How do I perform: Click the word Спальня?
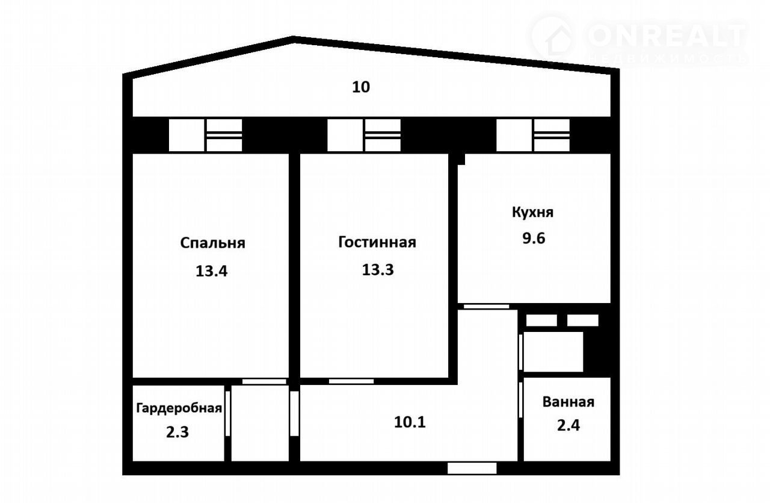213,243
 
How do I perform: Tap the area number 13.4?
211,271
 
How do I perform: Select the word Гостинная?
377,242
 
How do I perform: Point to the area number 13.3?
378,270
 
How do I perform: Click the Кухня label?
533,213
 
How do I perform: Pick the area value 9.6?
534,238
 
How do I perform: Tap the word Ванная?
568,402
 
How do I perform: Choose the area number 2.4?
568,425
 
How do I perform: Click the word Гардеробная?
179,408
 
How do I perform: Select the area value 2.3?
177,432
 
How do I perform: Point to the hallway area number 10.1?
410,422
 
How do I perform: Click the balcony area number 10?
361,87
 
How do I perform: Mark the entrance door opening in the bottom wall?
472,468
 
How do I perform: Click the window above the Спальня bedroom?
205,136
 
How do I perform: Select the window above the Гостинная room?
364,136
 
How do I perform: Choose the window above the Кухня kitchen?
533,136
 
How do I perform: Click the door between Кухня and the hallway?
487,307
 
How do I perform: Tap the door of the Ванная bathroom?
521,400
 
